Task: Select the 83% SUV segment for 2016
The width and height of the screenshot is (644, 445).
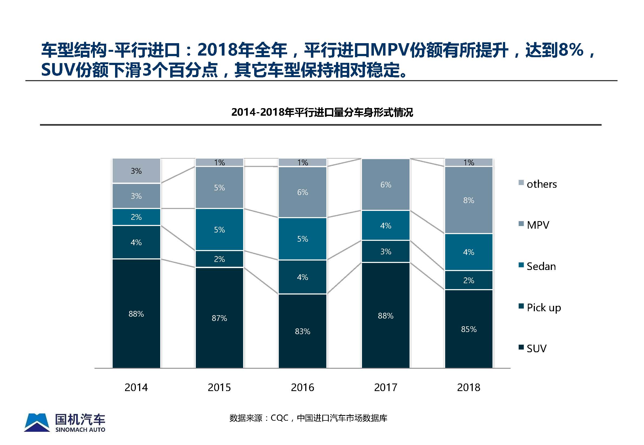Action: (x=303, y=331)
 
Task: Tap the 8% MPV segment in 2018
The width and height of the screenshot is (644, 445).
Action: (x=469, y=200)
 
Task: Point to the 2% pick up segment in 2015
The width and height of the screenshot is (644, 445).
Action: (x=219, y=259)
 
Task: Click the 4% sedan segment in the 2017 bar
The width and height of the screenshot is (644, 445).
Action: (x=385, y=225)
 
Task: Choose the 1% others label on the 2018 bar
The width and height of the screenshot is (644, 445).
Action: (x=469, y=162)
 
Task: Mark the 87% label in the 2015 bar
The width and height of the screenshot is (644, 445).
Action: (x=219, y=318)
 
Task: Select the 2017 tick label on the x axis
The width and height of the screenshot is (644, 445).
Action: (x=385, y=387)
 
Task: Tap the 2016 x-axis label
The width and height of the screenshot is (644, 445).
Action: (x=303, y=387)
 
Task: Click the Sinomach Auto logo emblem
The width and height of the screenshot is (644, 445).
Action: (x=37, y=422)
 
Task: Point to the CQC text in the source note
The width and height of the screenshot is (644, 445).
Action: (x=279, y=418)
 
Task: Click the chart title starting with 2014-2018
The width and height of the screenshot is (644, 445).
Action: (x=322, y=112)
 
